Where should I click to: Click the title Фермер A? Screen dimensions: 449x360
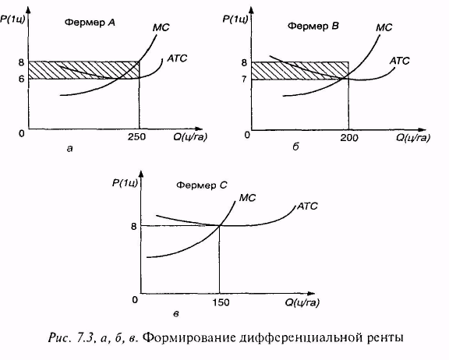click(x=90, y=23)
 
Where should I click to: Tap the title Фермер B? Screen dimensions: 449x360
click(x=313, y=26)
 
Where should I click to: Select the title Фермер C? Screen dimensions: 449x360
click(x=201, y=185)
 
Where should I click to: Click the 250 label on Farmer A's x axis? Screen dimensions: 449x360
click(x=136, y=137)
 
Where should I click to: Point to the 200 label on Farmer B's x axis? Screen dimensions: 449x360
click(x=348, y=138)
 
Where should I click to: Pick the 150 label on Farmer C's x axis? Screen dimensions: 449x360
click(x=221, y=302)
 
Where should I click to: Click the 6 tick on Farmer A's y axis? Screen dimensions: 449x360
click(x=22, y=79)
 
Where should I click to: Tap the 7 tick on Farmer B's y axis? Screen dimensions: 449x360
click(x=244, y=79)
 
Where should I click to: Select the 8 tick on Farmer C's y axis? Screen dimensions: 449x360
click(x=134, y=226)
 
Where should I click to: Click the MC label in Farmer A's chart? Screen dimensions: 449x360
click(x=161, y=27)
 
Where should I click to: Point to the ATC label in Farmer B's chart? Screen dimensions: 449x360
click(x=399, y=61)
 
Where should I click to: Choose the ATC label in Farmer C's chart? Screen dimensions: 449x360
click(x=307, y=206)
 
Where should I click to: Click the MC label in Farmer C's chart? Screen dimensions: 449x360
click(x=247, y=198)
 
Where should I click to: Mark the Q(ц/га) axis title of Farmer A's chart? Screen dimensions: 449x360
click(x=190, y=137)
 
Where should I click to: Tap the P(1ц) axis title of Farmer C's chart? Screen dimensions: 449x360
click(x=125, y=182)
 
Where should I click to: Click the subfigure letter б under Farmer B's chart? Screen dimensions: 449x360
click(x=295, y=146)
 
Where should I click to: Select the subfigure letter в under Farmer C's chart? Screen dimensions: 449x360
click(x=176, y=314)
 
